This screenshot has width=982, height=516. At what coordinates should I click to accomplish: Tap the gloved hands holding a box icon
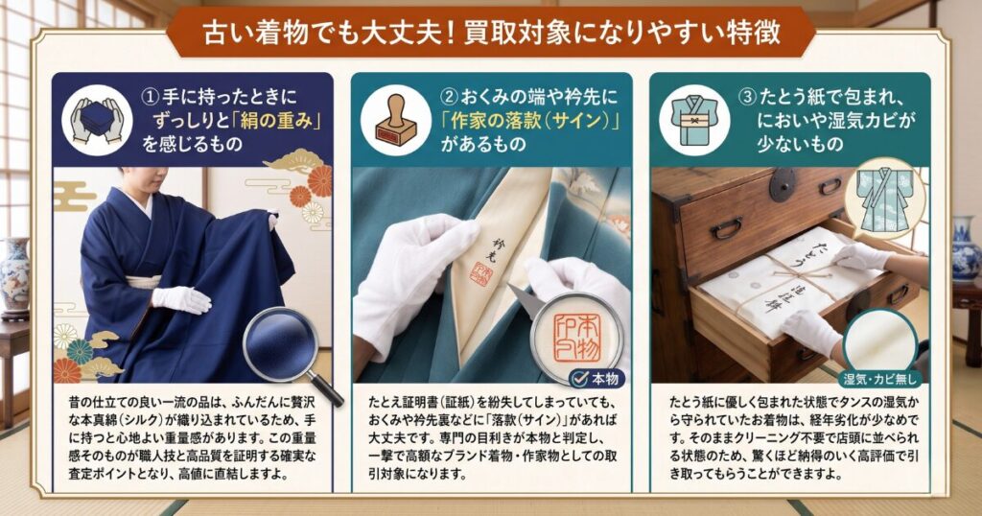point(97,120)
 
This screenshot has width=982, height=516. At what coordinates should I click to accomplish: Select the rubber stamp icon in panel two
point(396,120)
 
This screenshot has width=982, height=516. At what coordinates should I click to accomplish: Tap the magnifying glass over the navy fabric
point(291,356)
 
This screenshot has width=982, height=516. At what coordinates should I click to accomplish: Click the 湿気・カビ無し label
point(880,378)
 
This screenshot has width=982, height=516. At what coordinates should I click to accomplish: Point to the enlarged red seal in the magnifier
point(576,339)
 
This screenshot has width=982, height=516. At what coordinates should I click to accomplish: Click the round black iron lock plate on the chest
point(783,185)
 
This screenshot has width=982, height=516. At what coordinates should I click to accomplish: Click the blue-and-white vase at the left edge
point(13,275)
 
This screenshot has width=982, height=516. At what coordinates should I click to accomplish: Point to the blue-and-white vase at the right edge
point(967,249)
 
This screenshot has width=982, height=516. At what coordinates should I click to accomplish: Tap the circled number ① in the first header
point(151,97)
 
